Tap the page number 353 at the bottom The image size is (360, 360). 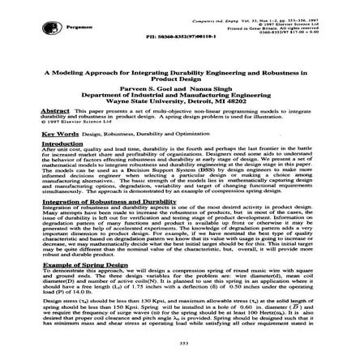pos(180,343)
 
